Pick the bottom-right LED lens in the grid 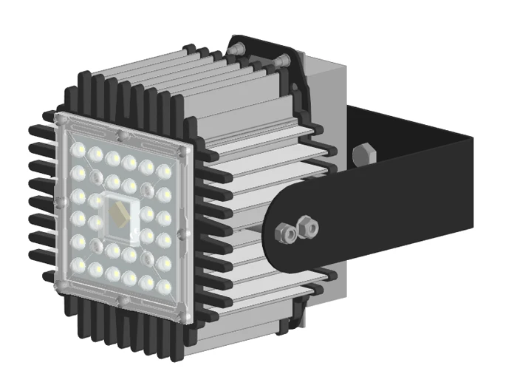pyautogui.click(x=165, y=287)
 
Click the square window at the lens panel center pyautogui.click(x=120, y=217)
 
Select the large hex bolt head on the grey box pyautogui.click(x=363, y=156)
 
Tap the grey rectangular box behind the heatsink pyautogui.click(x=329, y=81)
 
